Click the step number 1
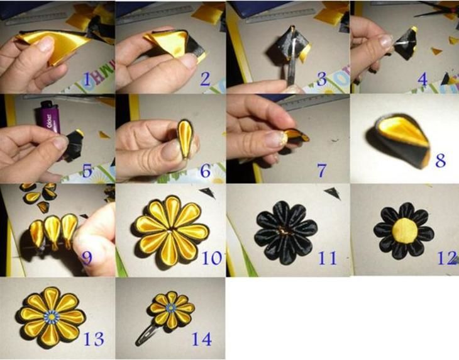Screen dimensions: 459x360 pos(87,79)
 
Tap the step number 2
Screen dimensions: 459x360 pos(205,79)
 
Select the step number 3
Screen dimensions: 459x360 pos(322,79)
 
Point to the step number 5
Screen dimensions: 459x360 pos(87,171)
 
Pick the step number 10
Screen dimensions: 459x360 pos(212,258)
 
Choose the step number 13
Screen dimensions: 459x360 pos(94,339)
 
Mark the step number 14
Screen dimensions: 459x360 pos(202,339)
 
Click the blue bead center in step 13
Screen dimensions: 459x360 pos(52,317)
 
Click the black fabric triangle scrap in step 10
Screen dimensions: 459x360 pos(208,193)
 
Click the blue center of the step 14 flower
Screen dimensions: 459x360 pos(171,307)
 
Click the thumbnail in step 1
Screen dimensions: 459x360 pos(47,44)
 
